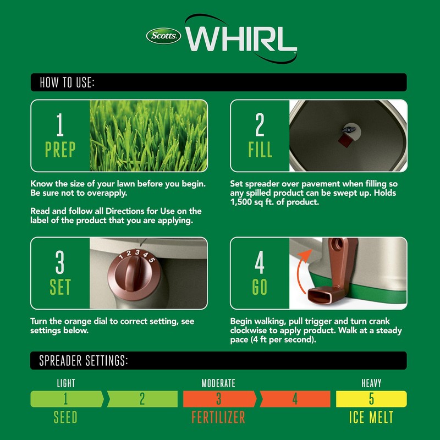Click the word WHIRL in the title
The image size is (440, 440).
coord(242,38)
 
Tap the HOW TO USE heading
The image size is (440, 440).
coord(67,83)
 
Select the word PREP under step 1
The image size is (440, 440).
coord(61,150)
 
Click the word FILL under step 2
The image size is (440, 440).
coord(260,150)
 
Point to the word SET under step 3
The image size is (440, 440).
coord(61,287)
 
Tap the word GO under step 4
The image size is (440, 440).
coord(260,287)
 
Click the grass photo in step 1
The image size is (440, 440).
coord(148,136)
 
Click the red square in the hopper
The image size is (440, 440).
coord(345,141)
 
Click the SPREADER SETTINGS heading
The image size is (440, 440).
coord(84,361)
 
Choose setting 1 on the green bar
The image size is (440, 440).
coord(65,399)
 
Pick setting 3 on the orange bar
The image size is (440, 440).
coord(218,399)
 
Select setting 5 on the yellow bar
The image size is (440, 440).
coord(371,399)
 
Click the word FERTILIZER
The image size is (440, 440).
coord(218,417)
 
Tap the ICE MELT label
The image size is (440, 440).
coord(371,417)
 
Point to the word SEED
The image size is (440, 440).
coord(65,417)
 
